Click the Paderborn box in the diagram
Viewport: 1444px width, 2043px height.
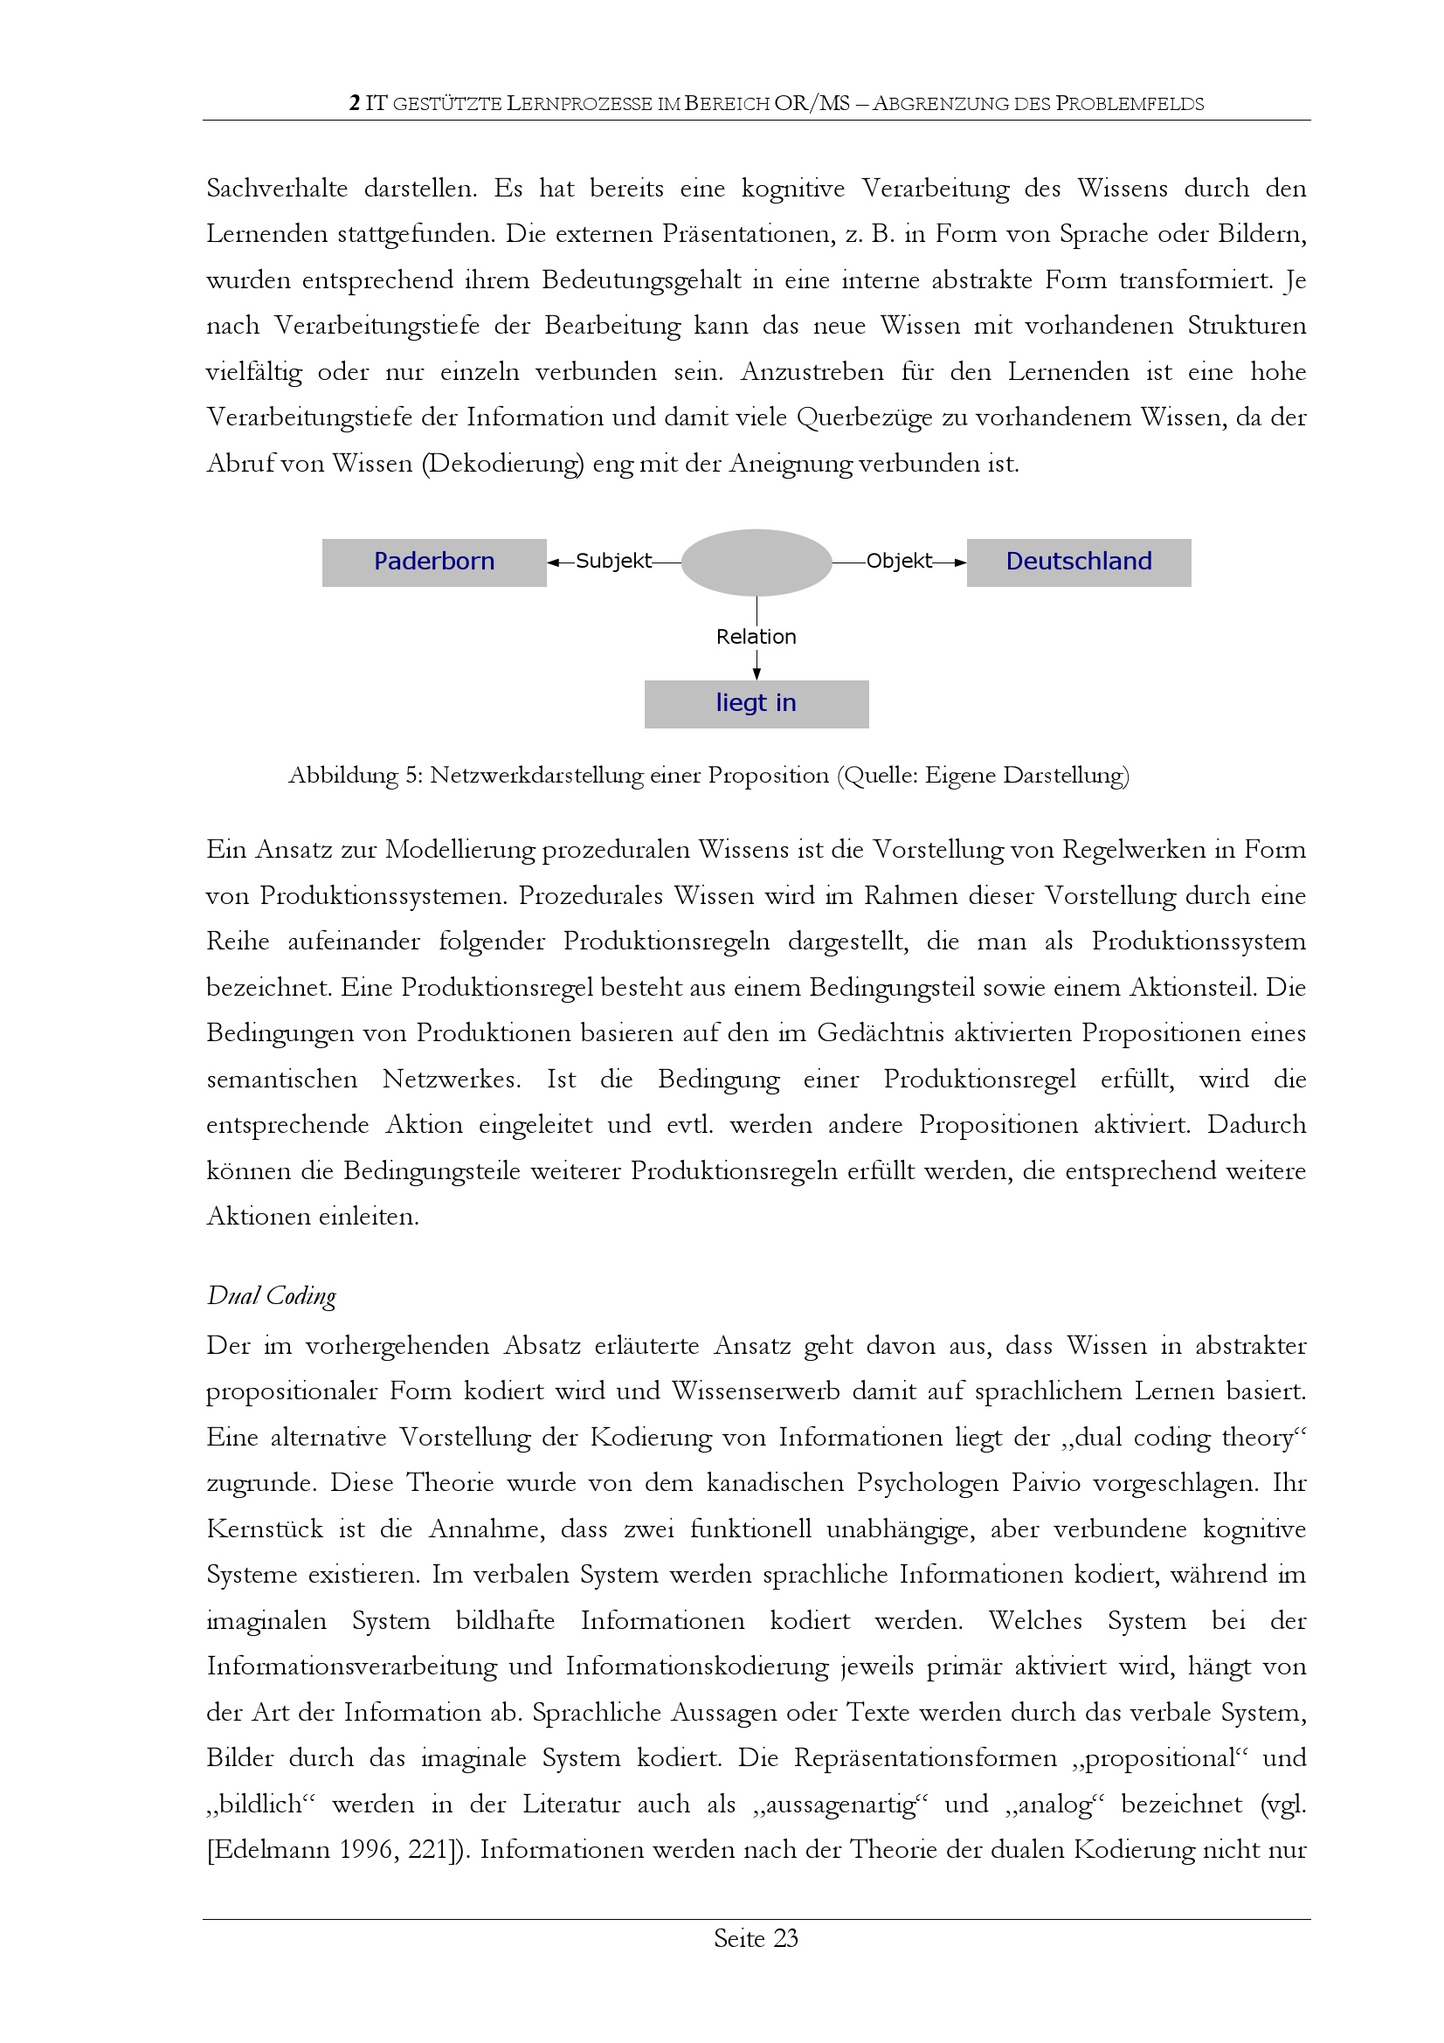pos(434,562)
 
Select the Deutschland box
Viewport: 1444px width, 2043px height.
pos(1078,562)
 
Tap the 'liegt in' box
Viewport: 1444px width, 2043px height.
pos(757,703)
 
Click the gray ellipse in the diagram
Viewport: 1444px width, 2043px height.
pos(757,563)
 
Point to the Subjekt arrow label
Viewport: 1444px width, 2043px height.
pos(613,562)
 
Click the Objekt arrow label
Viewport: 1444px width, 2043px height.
pos(899,562)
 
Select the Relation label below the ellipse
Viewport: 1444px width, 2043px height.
pos(757,637)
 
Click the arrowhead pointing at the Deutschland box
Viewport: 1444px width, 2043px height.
pos(960,563)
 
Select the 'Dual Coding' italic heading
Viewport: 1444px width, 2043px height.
pos(272,1296)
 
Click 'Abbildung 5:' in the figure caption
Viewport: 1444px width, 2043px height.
pos(355,776)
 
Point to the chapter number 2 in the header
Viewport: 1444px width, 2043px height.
pos(354,103)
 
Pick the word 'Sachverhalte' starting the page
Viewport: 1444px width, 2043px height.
pos(277,189)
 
